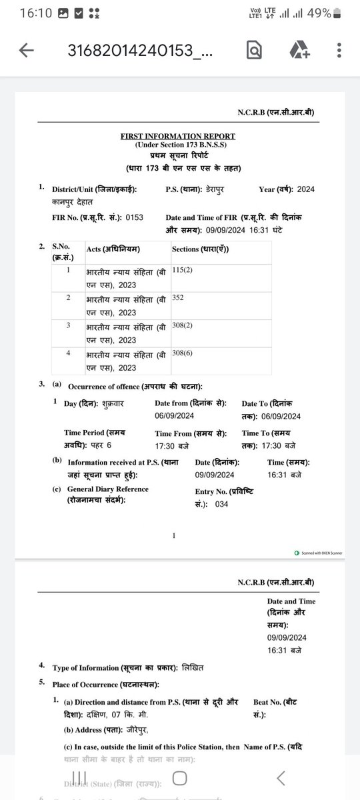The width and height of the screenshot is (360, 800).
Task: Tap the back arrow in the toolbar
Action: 27,51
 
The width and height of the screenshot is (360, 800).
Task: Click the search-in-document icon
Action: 254,51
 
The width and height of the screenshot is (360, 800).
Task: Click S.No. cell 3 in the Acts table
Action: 67,325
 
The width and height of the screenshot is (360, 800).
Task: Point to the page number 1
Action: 173,535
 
